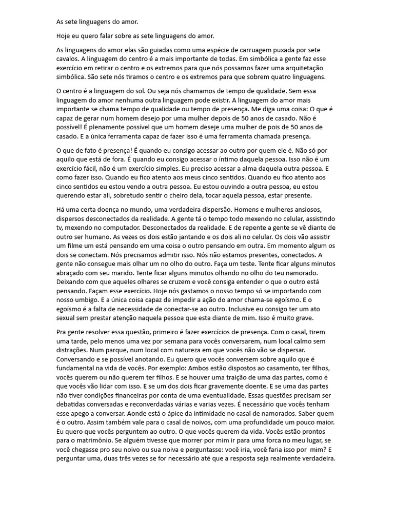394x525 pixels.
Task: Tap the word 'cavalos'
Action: click(68, 59)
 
